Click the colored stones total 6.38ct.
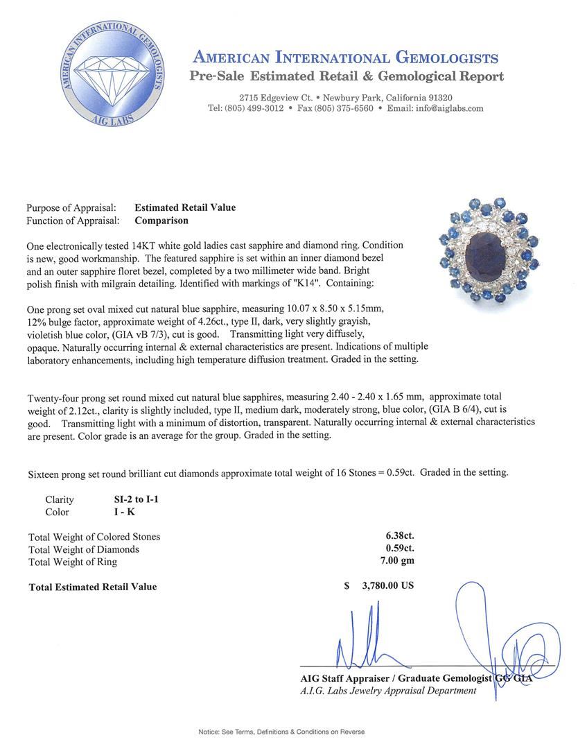[x=400, y=536]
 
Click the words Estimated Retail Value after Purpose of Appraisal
[x=185, y=207]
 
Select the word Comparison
[x=161, y=221]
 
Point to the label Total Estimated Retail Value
[x=93, y=587]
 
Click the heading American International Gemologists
[x=345, y=58]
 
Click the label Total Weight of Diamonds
[x=83, y=549]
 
